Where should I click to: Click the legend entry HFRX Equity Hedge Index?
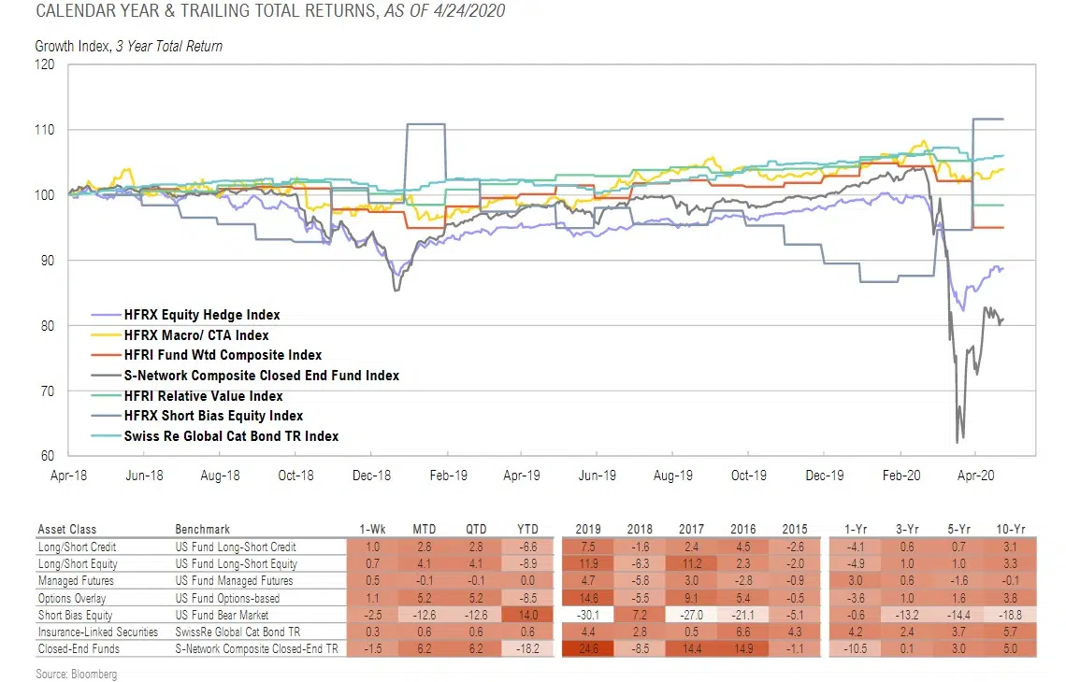(202, 316)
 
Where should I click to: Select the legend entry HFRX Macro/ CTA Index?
(195, 335)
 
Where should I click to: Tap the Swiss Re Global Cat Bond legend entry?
(231, 436)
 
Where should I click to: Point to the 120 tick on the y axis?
(45, 64)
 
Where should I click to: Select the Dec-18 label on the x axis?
(371, 476)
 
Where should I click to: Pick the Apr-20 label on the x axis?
(976, 476)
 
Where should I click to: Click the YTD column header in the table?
(524, 529)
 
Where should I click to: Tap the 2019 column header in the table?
(587, 529)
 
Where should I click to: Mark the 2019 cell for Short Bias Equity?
(587, 614)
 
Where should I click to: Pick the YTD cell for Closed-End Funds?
(524, 647)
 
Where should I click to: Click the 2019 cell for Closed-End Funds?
(587, 647)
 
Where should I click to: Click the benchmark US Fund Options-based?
(226, 597)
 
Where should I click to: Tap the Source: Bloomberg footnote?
(77, 674)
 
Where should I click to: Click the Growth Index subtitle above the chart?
(128, 46)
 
